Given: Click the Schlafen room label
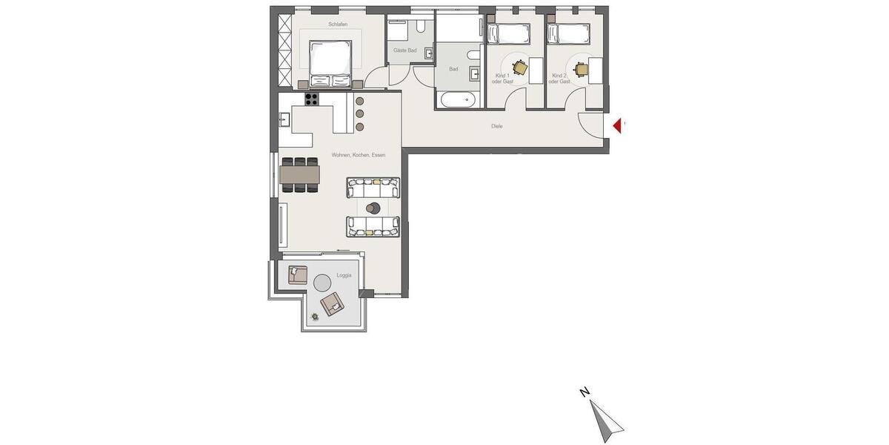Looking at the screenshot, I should point(338,24).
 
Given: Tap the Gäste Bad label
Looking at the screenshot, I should point(404,50).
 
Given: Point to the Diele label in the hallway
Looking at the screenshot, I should point(496,126).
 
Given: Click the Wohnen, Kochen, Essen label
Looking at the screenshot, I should point(359,155).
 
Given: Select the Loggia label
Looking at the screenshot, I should point(344,275).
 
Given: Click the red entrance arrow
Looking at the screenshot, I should point(617,126).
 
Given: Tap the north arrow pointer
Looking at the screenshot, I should point(607,421).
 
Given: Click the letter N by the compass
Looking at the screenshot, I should point(585,392).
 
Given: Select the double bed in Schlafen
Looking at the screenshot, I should point(330,65).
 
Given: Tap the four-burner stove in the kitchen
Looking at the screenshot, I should point(312,99).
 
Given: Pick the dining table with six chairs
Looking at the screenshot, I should point(300,174).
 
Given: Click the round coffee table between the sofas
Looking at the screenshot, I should point(373,208).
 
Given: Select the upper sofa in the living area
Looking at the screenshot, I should point(373,187).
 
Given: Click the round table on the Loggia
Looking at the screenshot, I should point(322,283).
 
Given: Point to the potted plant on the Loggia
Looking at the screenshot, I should point(315,317).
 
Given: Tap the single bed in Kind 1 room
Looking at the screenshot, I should point(507,33).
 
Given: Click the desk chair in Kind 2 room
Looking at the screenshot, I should point(581,69).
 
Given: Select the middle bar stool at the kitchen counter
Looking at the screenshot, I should point(360,113).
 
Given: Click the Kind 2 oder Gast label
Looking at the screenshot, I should point(559,79).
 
